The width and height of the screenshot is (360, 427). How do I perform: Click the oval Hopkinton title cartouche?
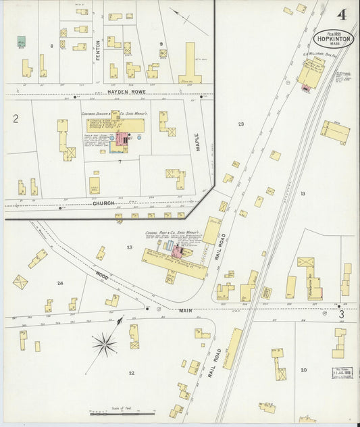point(333,39)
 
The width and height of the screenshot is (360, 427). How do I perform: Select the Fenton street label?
point(98,53)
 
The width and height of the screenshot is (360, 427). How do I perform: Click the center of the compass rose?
point(105,345)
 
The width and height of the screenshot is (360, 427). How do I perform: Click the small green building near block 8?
point(22,42)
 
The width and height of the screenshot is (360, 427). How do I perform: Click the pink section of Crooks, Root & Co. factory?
point(178,253)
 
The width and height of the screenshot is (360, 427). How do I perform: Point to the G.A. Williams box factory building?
point(311,72)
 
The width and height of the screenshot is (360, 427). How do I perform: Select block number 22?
point(131,372)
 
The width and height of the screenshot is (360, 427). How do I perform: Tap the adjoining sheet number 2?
point(15,119)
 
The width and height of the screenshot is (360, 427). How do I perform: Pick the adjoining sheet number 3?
point(342,314)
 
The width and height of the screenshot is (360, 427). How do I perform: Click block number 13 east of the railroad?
point(303,194)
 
